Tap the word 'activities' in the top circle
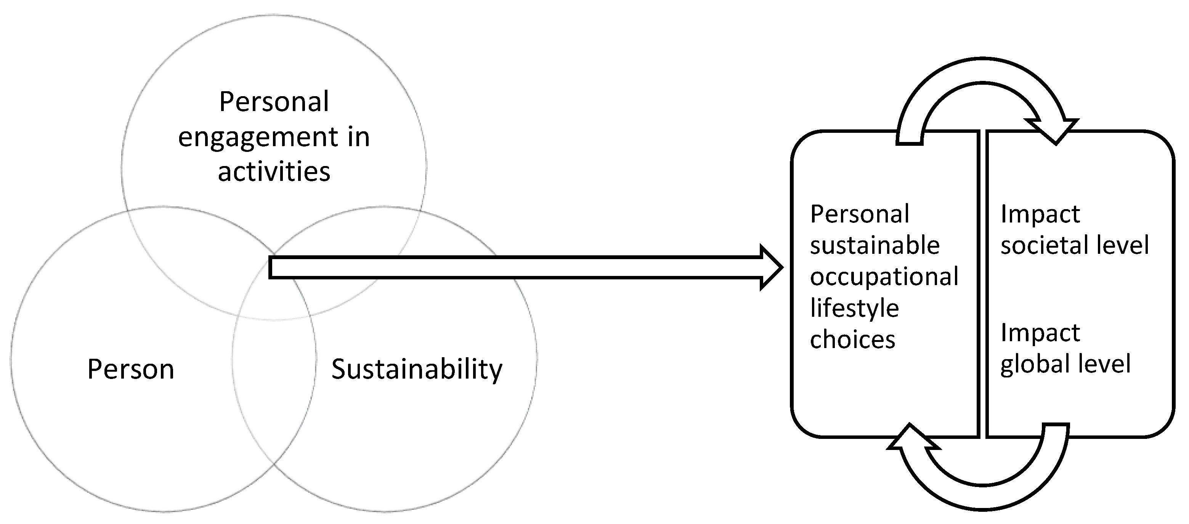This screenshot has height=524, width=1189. (x=274, y=172)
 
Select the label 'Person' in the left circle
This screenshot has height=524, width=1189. (x=131, y=370)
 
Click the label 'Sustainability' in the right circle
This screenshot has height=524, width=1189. (x=416, y=370)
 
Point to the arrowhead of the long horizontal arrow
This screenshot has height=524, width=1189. (x=771, y=268)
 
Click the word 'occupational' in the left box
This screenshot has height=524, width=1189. (x=884, y=277)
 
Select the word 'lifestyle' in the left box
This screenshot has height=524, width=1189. (x=854, y=308)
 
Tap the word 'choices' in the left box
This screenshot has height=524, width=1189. (x=852, y=340)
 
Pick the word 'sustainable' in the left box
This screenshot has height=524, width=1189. (x=875, y=245)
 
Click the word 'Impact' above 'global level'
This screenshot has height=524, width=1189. (x=1040, y=333)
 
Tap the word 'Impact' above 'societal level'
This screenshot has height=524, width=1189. (x=1040, y=214)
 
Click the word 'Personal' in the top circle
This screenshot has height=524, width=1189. (x=274, y=102)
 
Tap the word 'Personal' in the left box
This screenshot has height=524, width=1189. (x=859, y=214)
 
